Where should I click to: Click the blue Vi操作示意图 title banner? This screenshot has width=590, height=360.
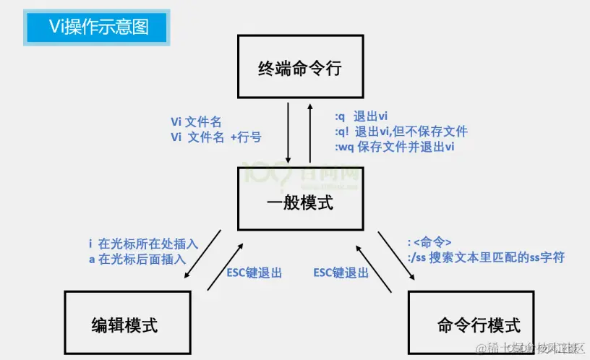click(x=98, y=27)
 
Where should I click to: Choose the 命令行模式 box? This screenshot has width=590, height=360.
click(x=471, y=325)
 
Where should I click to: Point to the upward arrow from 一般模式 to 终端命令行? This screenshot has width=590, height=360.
click(x=311, y=134)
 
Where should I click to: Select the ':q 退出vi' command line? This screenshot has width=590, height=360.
click(x=362, y=116)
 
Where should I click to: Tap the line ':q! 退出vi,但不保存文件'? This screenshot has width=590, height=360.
click(x=401, y=132)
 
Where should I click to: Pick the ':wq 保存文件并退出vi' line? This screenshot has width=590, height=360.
click(x=394, y=147)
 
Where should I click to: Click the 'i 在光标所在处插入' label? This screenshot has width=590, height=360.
click(x=143, y=243)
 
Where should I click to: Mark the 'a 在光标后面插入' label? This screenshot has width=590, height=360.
click(x=137, y=258)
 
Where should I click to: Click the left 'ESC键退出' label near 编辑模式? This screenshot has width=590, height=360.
click(x=254, y=273)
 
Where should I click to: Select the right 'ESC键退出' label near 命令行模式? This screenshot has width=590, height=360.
click(x=341, y=273)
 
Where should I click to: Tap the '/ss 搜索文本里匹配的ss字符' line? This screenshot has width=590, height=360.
click(x=486, y=257)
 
